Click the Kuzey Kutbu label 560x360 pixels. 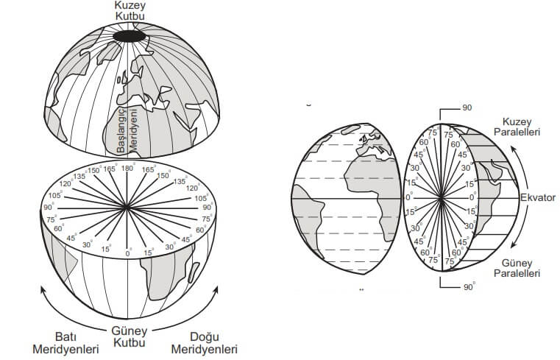(x=130, y=10)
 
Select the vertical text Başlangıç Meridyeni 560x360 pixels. (x=128, y=130)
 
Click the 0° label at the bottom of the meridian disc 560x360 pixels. (x=129, y=253)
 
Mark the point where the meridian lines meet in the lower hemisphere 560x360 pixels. (x=129, y=209)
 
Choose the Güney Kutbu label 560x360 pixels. (x=130, y=337)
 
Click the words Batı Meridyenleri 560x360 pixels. (x=66, y=342)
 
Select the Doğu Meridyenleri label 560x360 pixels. (x=204, y=342)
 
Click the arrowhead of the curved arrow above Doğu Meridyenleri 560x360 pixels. (x=216, y=289)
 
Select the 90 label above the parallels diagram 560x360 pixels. (x=467, y=108)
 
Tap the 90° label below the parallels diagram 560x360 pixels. (x=467, y=287)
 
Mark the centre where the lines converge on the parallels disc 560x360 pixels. (x=441, y=198)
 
